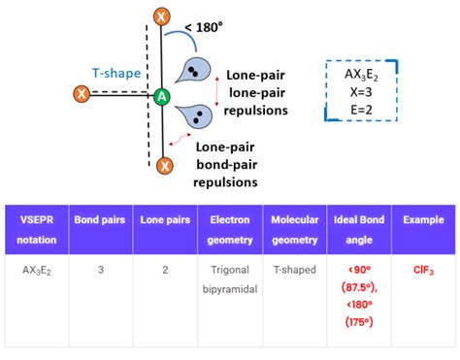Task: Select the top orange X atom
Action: pos(162,16)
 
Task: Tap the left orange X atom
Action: pos(82,94)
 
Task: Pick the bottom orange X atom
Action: pos(164,167)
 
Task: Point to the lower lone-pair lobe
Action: pos(197,116)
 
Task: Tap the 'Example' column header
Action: pos(424,220)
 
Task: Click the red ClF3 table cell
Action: pos(424,269)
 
